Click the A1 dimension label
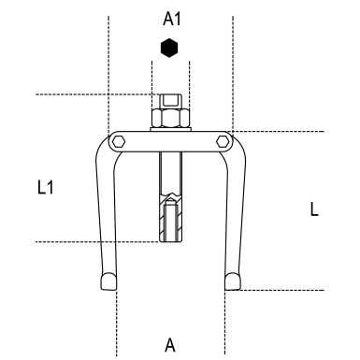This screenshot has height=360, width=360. pos(172,20)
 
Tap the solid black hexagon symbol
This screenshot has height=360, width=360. pos(169,48)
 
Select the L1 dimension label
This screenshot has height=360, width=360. pos(46,188)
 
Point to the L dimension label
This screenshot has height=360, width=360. pos(314,209)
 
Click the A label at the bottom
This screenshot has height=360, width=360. pos(170,345)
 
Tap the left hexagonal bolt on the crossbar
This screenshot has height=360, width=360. pos(119,142)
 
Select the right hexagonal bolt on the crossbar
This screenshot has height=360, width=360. pos(223,142)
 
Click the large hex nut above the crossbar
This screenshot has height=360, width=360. pos(170,118)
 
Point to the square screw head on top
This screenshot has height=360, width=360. pos(170,101)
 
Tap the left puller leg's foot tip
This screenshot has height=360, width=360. pos(108,281)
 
